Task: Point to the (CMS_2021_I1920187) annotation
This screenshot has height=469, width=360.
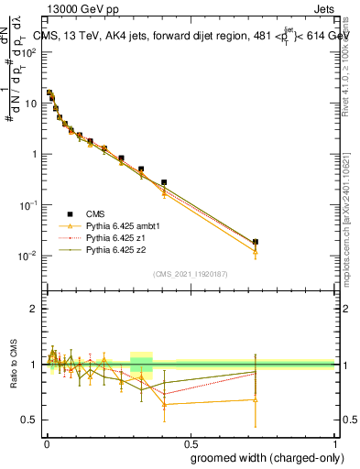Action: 190,273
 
